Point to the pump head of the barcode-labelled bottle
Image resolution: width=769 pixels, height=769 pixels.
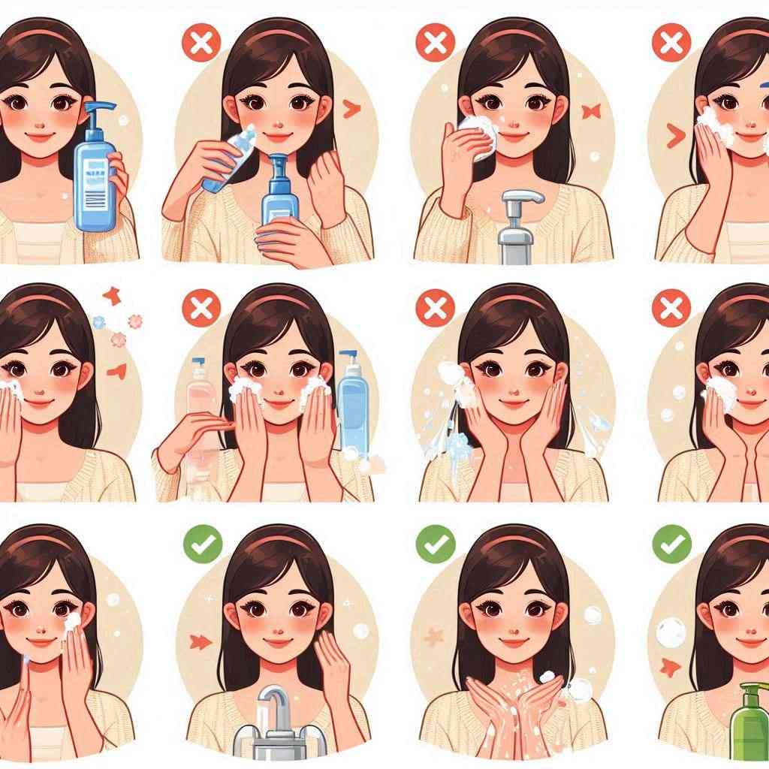click(98, 112)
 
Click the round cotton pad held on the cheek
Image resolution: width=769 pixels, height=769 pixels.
click(478, 135)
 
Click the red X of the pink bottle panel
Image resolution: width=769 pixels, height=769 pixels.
click(201, 308)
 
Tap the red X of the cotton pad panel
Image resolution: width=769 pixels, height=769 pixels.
click(436, 42)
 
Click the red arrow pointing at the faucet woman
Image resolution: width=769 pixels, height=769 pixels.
click(201, 641)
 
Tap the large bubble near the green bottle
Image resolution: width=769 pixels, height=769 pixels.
click(670, 632)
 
